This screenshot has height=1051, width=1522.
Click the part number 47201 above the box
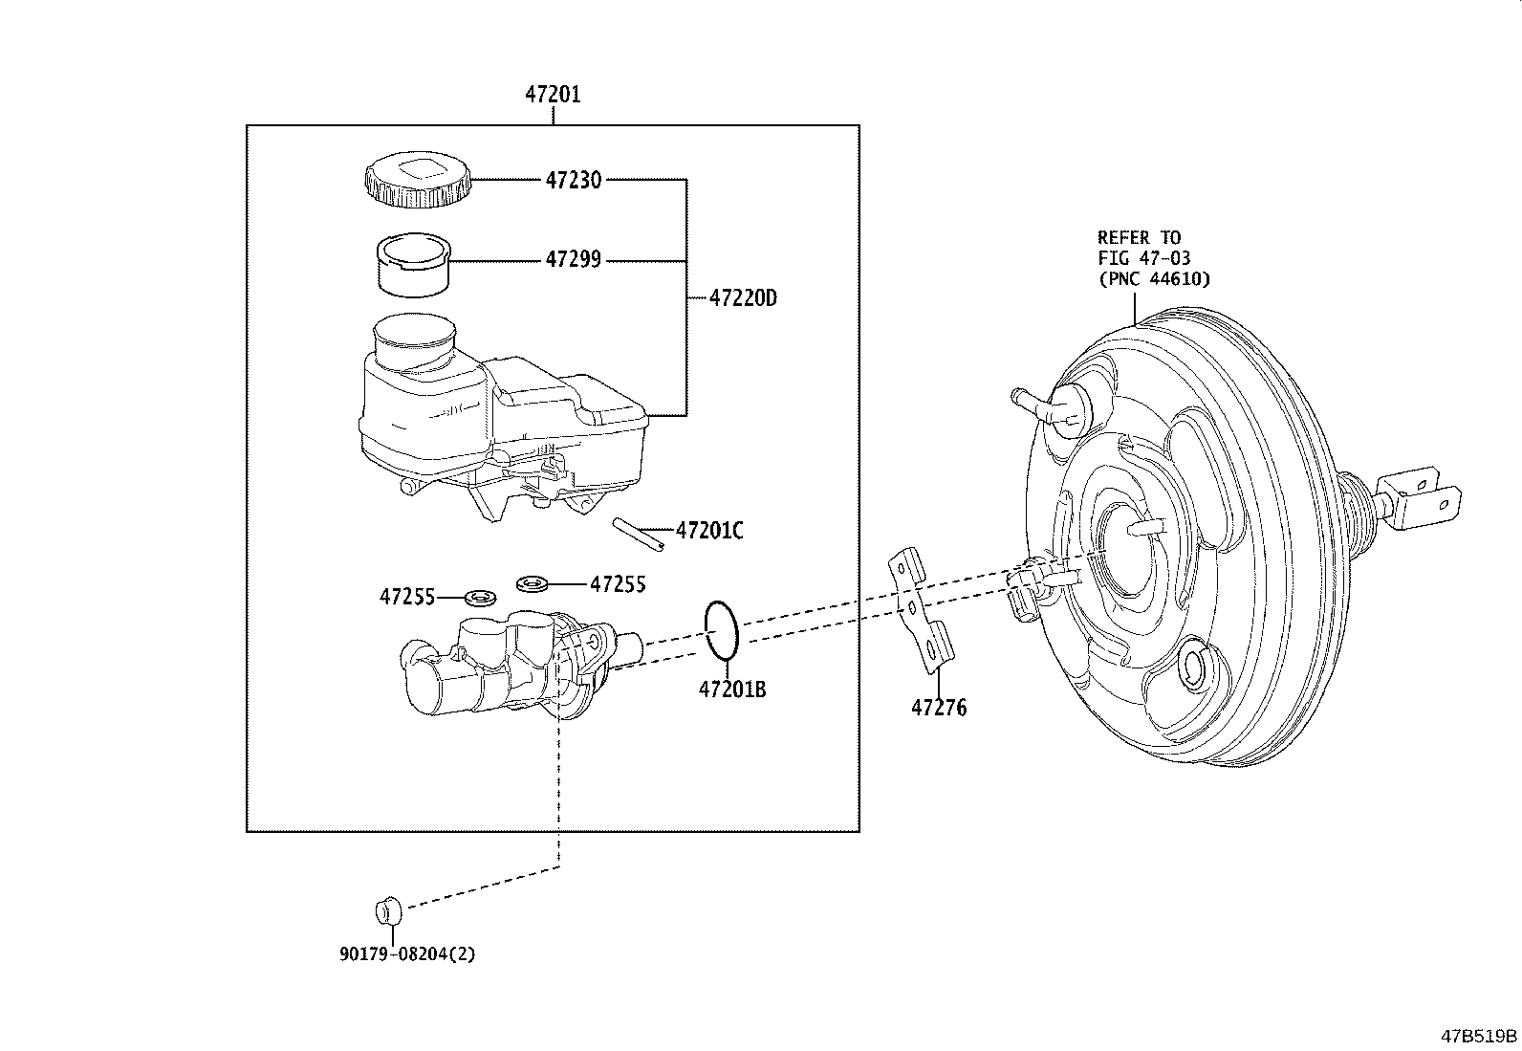(x=552, y=95)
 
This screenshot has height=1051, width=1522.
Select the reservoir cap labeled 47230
(x=418, y=181)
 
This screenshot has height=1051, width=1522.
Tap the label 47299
(x=573, y=260)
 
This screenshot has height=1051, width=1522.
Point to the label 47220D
(x=743, y=298)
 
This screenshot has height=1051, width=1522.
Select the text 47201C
(x=708, y=531)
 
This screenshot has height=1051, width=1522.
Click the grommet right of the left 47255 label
(x=479, y=599)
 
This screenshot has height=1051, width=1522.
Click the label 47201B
(x=731, y=689)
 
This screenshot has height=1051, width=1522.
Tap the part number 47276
(x=938, y=709)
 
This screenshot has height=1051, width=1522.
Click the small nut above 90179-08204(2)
(x=386, y=910)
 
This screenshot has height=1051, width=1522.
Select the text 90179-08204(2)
(x=405, y=954)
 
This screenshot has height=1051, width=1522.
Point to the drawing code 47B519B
(x=1479, y=1036)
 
